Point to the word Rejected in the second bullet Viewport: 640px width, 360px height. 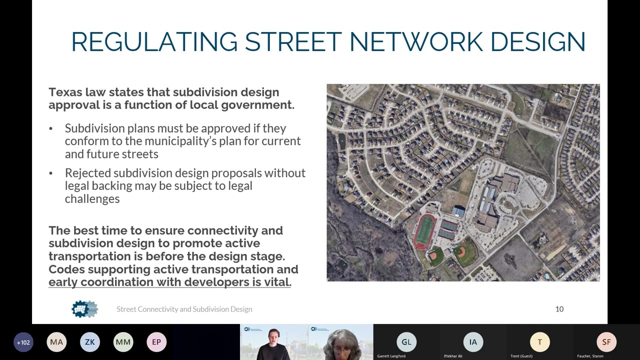pos(87,173)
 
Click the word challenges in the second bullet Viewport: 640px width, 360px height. pos(92,199)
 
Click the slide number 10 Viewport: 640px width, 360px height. pos(559,309)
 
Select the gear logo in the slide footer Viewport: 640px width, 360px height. pos(84,309)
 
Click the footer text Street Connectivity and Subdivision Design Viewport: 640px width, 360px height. pos(184,309)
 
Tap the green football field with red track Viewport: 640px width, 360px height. pos(425,231)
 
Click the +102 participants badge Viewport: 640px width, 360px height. pos(23,342)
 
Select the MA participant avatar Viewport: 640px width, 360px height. pos(56,342)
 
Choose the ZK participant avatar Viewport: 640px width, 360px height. pos(90,342)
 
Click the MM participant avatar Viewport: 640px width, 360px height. pos(123,342)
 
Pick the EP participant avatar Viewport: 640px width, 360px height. pos(156,342)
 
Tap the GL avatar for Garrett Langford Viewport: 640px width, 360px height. pos(406,342)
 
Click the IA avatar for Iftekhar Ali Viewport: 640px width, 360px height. pos(473,342)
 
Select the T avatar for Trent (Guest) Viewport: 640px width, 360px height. pos(539,342)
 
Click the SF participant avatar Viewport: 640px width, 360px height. pos(606,342)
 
